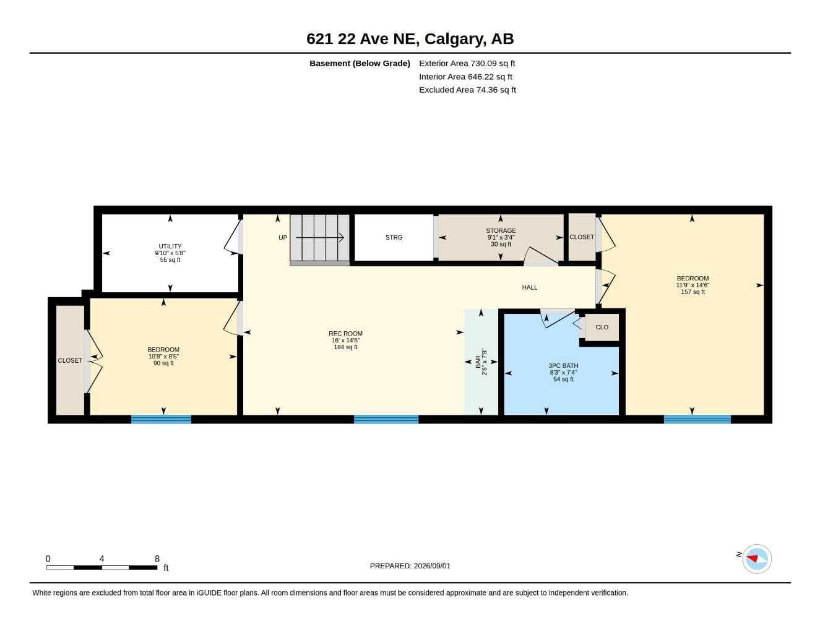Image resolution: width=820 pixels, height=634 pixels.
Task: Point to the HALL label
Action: (529, 287)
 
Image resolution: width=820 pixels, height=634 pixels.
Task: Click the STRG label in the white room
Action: (394, 237)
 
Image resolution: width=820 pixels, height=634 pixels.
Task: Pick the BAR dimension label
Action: (481, 362)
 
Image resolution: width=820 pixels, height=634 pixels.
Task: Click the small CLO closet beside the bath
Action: (602, 327)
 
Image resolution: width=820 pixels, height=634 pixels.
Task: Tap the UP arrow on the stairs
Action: (319, 238)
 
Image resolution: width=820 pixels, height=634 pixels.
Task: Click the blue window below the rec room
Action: (386, 419)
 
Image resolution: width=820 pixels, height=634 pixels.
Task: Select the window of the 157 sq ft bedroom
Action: (697, 419)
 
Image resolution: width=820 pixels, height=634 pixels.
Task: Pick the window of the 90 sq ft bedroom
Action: (161, 419)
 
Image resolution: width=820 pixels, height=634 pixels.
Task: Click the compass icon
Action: (757, 559)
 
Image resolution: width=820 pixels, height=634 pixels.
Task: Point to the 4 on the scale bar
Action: (101, 558)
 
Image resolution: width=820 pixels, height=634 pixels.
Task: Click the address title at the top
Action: (410, 39)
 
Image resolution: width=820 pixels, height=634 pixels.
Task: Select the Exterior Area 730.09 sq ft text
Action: (467, 63)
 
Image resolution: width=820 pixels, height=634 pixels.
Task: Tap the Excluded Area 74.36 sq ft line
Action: (467, 90)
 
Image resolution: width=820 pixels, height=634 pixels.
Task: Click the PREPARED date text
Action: (410, 566)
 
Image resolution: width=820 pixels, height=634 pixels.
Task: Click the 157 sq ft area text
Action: (693, 292)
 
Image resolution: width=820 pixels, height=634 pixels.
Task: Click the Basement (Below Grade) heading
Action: (360, 63)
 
